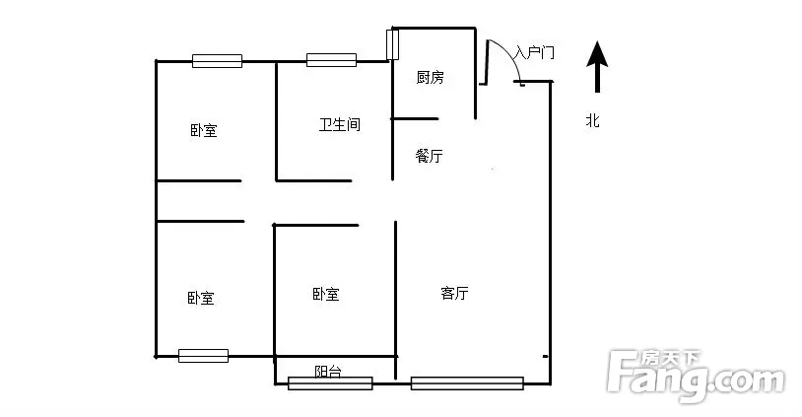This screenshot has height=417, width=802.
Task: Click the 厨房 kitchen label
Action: pos(430,78)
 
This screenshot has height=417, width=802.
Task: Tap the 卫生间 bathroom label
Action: pos(338,125)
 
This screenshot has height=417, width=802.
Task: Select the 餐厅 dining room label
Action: pos(430,156)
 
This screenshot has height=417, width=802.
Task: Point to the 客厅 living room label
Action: pos(453,293)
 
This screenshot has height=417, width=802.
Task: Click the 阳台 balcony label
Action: pos(328,372)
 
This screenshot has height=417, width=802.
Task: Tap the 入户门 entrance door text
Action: pos(534,52)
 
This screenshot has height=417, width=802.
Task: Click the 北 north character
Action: pos(592,121)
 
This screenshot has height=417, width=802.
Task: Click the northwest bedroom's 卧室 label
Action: pos(204,130)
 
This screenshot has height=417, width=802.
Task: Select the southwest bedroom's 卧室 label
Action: pos(201,298)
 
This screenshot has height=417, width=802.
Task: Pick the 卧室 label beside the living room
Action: pos(325,294)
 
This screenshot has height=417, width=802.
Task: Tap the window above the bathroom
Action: pos(330,60)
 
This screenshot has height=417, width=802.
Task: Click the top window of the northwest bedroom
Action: pos(217,60)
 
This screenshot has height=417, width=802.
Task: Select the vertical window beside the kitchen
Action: pos(392,45)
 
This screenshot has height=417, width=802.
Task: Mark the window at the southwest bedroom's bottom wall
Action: pos(203,356)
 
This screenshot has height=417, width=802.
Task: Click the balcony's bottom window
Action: pos(330,383)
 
